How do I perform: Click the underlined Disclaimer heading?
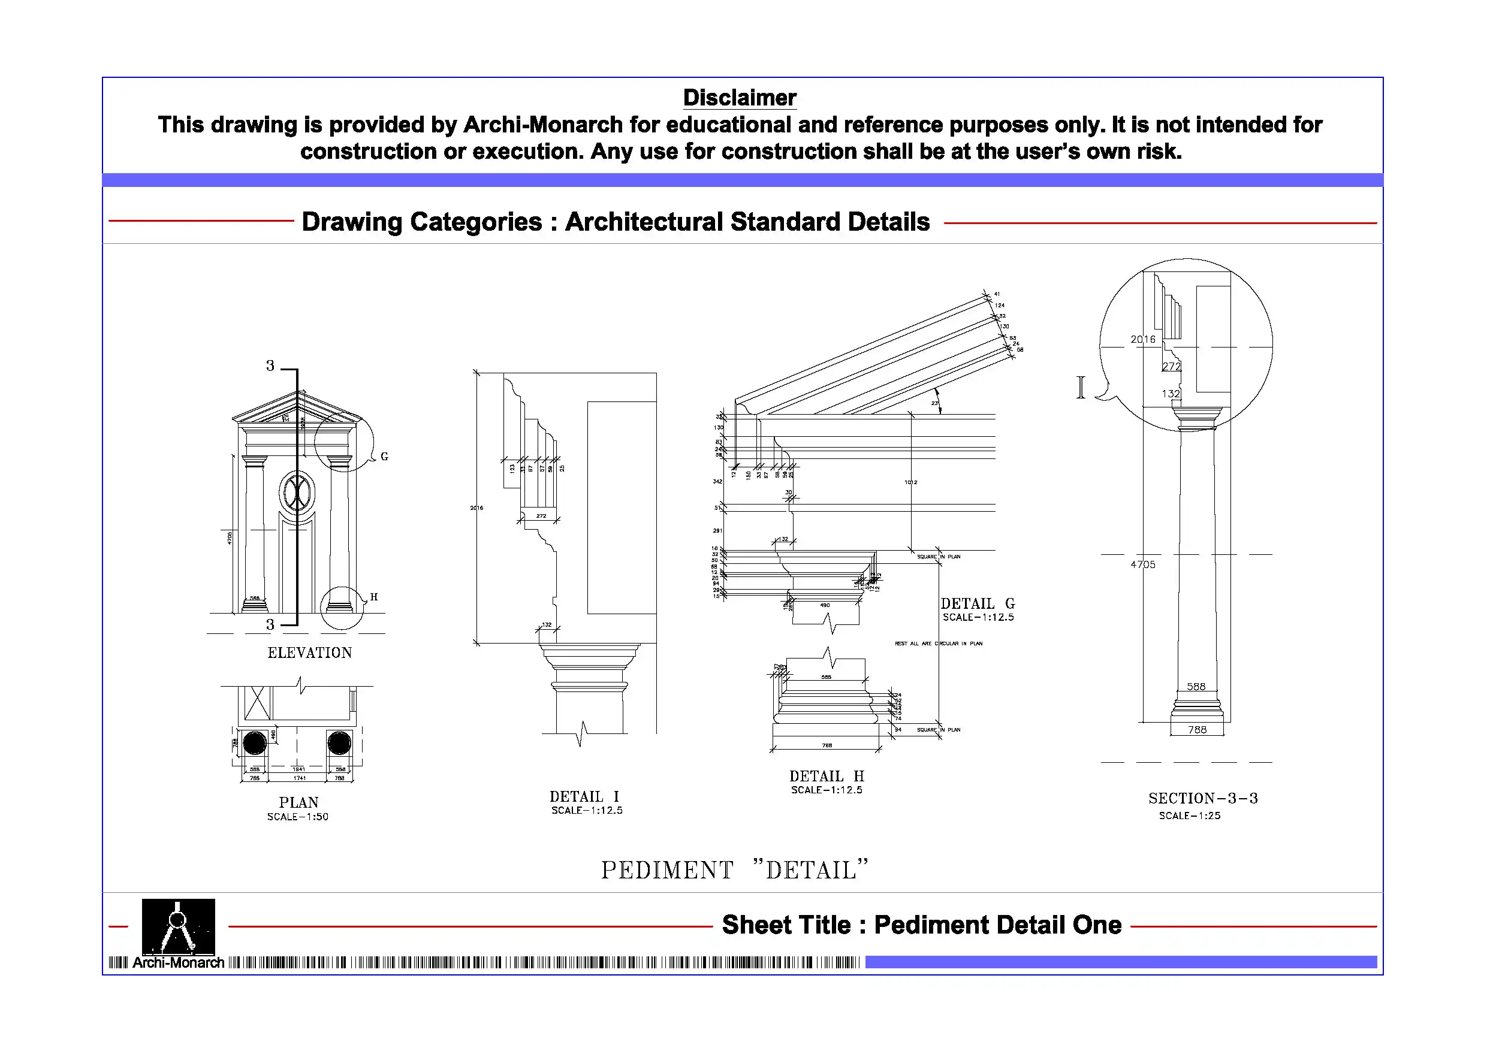(x=739, y=98)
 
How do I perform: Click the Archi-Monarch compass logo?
(x=178, y=927)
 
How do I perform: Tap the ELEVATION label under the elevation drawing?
(x=310, y=653)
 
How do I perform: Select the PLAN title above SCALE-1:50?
(x=298, y=802)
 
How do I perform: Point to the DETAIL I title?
(x=584, y=796)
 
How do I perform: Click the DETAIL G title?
(x=978, y=603)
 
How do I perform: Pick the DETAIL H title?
(x=827, y=776)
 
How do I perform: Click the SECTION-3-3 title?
(x=1203, y=799)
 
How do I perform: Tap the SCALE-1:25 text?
(x=1190, y=816)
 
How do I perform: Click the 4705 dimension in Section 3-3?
(x=1143, y=564)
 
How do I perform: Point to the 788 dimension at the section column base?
(x=1197, y=730)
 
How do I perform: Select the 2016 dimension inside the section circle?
(x=1142, y=339)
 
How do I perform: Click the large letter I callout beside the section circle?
(x=1080, y=387)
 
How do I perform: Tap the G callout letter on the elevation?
(x=384, y=457)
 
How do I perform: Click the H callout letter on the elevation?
(x=373, y=597)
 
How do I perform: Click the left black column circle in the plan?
(x=255, y=743)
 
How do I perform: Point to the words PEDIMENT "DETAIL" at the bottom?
(x=734, y=869)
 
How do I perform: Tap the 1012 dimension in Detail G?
(x=910, y=482)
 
